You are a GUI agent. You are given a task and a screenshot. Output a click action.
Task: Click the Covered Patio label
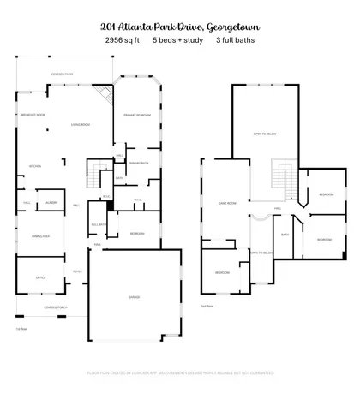[x=62, y=74]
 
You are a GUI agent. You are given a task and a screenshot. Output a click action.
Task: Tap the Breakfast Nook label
[x=33, y=115]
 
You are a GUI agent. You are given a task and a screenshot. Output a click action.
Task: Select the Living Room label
[x=80, y=123]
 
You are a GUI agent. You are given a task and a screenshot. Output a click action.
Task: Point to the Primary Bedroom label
[x=136, y=114]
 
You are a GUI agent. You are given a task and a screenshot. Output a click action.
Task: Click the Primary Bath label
[x=139, y=162]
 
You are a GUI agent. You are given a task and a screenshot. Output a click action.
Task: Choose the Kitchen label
[x=35, y=166]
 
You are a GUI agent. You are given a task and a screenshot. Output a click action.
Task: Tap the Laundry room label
[x=51, y=203]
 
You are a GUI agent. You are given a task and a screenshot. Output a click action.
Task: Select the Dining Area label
[x=40, y=235]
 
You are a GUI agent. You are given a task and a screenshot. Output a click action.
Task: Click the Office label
[x=39, y=277]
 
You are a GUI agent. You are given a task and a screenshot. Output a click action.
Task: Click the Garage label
[x=134, y=297]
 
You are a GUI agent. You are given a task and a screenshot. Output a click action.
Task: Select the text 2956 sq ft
[x=122, y=39]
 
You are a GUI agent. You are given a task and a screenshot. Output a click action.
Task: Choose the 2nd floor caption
[x=206, y=306]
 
